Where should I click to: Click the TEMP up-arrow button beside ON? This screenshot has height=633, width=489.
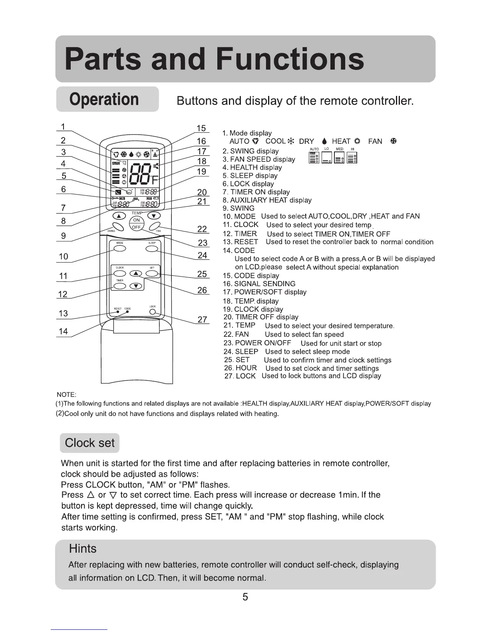[119, 216]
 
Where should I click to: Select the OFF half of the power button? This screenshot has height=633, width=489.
[136, 227]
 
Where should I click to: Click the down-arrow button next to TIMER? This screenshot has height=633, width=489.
[137, 286]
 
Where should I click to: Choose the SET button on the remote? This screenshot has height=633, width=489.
[152, 273]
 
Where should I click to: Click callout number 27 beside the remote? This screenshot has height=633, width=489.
[203, 319]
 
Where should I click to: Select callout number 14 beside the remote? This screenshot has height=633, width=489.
[63, 331]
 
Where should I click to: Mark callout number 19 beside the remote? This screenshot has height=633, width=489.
[202, 171]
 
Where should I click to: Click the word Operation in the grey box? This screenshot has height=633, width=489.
[104, 99]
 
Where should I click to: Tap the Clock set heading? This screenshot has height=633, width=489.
[89, 443]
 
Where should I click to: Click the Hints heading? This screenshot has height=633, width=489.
[83, 548]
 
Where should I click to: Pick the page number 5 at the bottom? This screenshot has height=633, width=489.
[245, 597]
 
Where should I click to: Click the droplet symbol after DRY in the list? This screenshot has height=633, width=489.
[324, 141]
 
